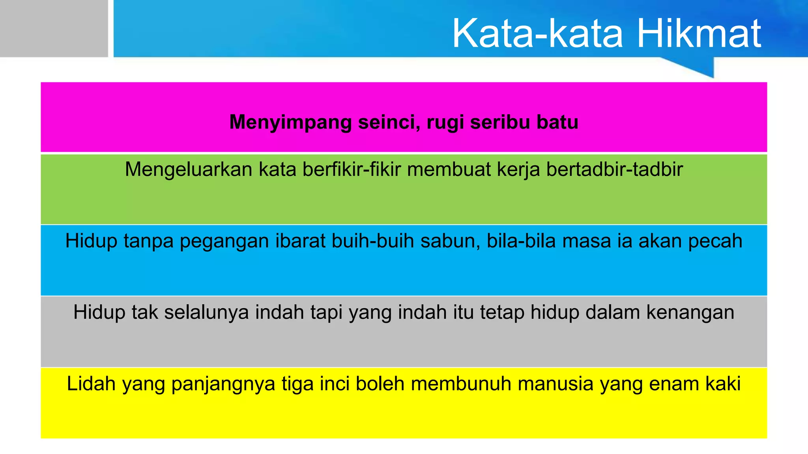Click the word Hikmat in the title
pos(699,34)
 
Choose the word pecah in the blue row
pos(715,241)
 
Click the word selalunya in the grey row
pos(206,313)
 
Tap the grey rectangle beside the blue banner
pos(54,28)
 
